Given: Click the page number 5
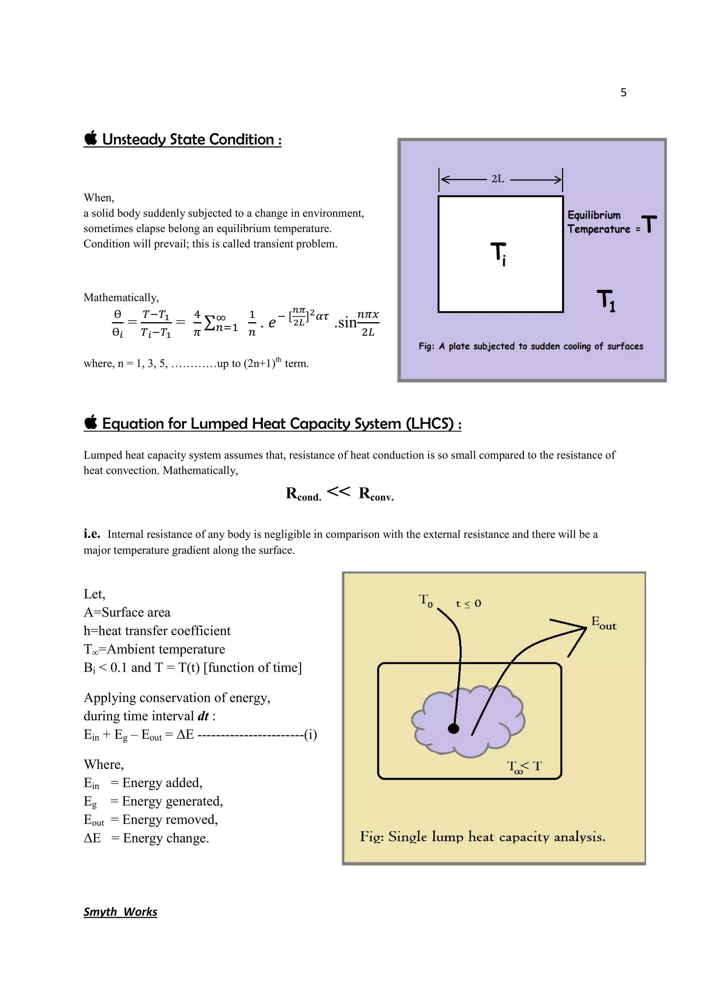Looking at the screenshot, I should [x=623, y=92].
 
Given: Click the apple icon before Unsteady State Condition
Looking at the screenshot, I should [x=90, y=138].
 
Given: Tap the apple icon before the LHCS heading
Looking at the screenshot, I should [x=90, y=423].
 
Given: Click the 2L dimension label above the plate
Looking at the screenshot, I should [x=497, y=179].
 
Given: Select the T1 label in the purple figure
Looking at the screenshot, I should [x=606, y=301].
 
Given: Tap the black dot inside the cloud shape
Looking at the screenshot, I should [x=454, y=728].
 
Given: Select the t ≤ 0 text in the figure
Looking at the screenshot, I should [x=468, y=604].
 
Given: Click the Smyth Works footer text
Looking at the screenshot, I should [x=120, y=912].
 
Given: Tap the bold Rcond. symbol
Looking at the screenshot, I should [x=303, y=494].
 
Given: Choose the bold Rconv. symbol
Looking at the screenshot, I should [x=376, y=494].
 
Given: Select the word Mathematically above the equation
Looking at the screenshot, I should [x=121, y=298].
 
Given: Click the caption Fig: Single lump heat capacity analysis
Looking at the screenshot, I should [x=482, y=836].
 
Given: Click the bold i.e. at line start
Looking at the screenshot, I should [x=92, y=534].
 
